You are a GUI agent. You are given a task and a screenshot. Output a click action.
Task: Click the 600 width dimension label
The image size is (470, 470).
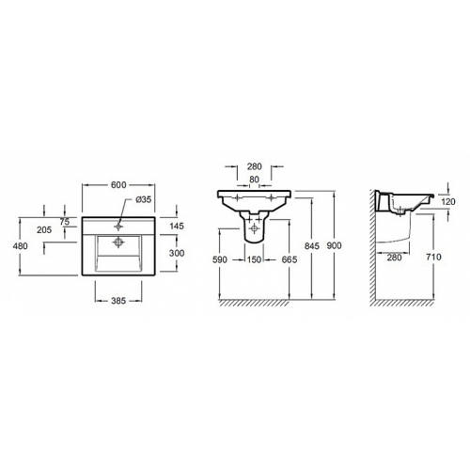pos(118,185)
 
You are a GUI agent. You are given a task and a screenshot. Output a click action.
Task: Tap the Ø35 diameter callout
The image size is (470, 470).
pos(144,199)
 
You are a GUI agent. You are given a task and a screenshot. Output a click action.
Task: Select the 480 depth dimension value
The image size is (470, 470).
pos(20,246)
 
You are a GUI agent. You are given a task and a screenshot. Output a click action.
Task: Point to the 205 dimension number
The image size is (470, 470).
pos(44,230)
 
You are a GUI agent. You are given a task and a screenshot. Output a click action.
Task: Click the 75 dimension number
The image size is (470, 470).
pos(65,222)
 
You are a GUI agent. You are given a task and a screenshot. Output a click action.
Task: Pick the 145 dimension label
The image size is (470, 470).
pos(177,226)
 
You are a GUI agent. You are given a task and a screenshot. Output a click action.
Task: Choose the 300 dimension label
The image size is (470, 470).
pos(177,253)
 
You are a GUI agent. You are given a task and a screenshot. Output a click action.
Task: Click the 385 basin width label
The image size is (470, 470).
pos(118,301)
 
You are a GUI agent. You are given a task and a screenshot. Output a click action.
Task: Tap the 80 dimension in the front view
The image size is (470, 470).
pos(254,180)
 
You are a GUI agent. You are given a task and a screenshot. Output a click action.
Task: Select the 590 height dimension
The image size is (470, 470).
pos(220,259)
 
